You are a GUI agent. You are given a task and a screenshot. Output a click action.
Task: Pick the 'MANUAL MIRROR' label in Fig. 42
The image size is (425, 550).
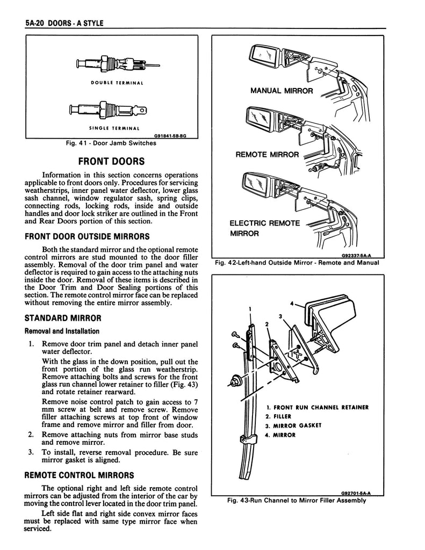click(x=282, y=90)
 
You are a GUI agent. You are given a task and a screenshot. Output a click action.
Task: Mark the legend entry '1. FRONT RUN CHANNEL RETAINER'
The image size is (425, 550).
click(x=316, y=407)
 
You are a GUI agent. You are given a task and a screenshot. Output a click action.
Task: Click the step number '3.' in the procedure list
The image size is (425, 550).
click(x=32, y=453)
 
